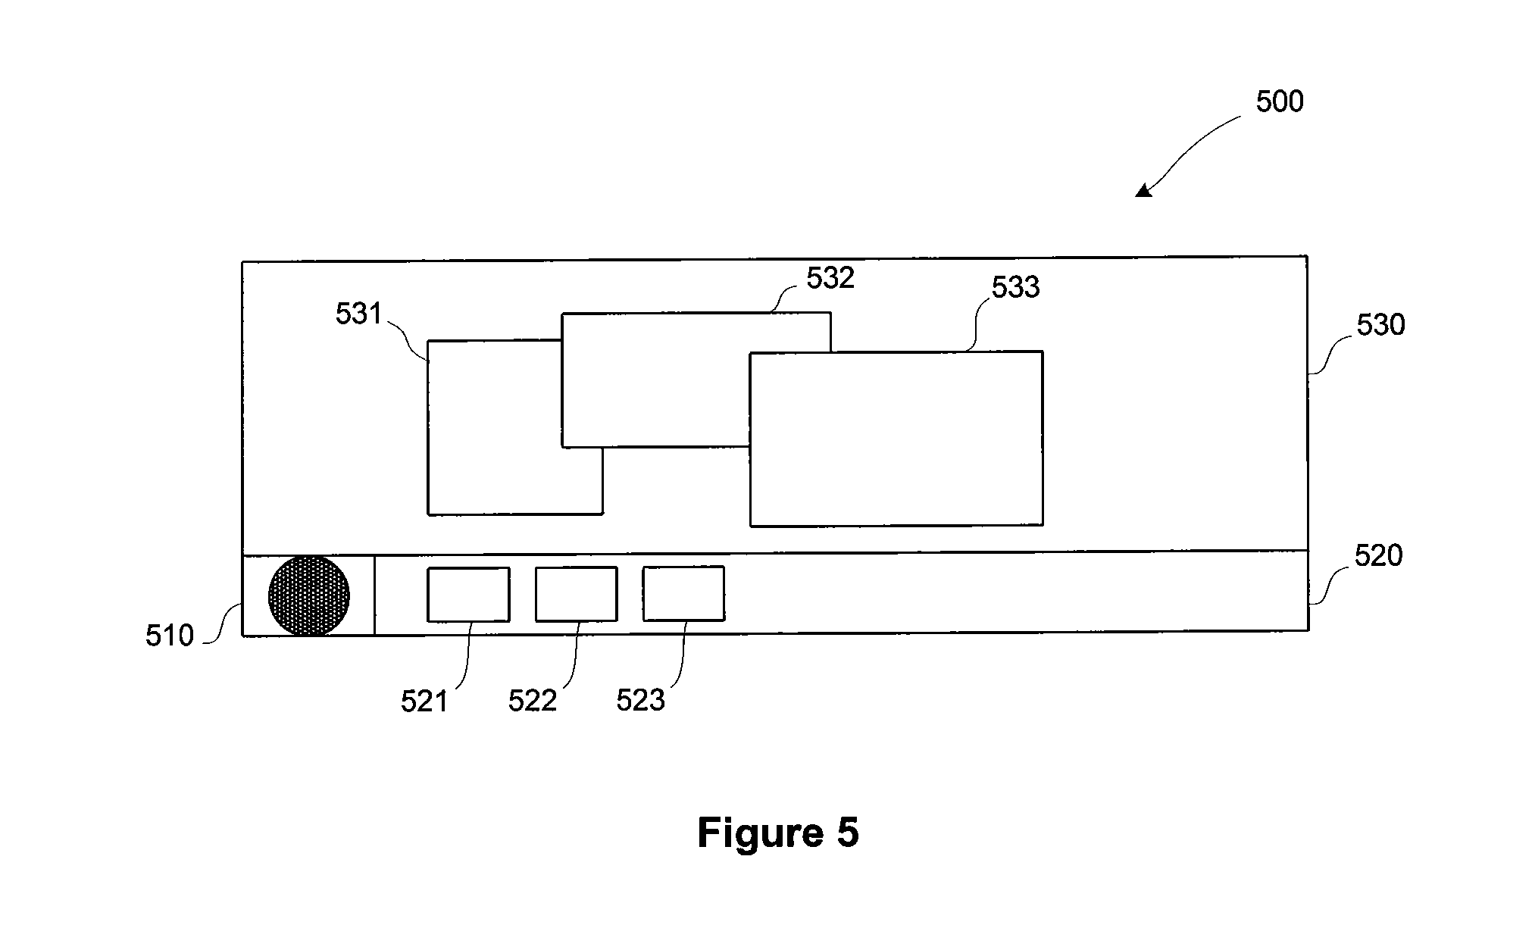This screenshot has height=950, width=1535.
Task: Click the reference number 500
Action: click(1279, 102)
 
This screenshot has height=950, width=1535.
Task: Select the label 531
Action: click(358, 314)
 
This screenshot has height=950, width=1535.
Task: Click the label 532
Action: click(830, 278)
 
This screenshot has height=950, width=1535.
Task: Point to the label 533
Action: click(1016, 287)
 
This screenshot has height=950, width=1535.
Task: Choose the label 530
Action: click(1380, 325)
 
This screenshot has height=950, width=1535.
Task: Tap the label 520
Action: click(1378, 556)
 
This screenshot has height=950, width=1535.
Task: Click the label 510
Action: click(170, 636)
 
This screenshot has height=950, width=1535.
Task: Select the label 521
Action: click(424, 702)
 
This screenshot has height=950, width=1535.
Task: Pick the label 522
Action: click(533, 702)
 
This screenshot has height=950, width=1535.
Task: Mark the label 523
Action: click(640, 702)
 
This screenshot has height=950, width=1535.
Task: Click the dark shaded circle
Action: click(309, 595)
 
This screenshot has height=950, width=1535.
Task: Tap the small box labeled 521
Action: click(468, 595)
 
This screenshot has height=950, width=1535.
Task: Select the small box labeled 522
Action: click(576, 594)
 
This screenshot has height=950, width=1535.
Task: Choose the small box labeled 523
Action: click(683, 593)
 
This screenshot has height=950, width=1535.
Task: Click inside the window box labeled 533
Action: click(896, 439)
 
